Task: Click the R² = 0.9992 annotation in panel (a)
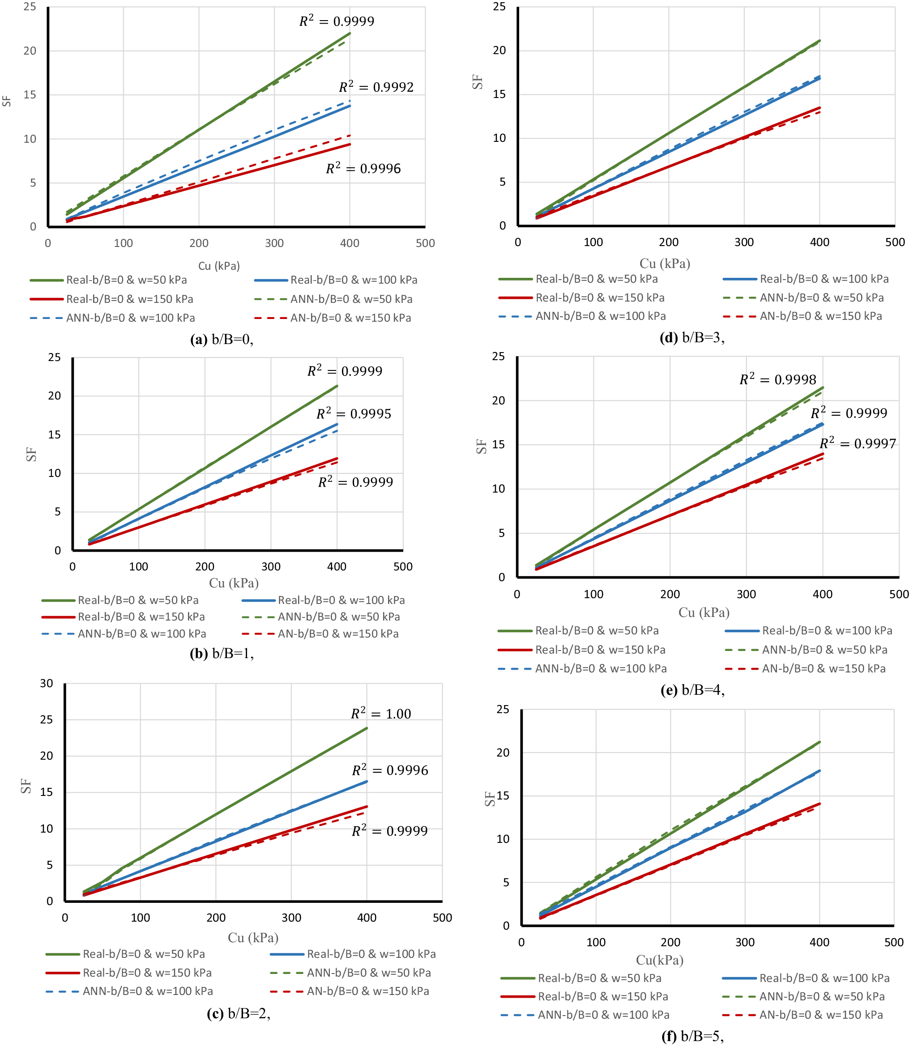(x=376, y=87)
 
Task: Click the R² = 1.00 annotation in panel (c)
(x=381, y=714)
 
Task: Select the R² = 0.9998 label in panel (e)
(x=777, y=379)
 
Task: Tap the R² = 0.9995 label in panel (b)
(x=354, y=414)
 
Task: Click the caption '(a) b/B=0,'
(x=222, y=339)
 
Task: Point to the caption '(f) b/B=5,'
(x=692, y=1036)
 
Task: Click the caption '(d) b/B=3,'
(x=692, y=337)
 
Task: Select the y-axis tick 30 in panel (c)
(x=47, y=683)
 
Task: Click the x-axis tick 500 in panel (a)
(x=425, y=243)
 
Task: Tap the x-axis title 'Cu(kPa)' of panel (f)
(x=659, y=960)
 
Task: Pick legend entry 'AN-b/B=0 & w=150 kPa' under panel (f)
(x=821, y=1015)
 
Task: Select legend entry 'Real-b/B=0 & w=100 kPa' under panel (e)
(x=827, y=630)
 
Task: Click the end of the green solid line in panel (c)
(x=367, y=728)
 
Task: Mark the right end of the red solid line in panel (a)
(x=350, y=145)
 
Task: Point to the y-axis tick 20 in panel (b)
(x=54, y=395)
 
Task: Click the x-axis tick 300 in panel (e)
(x=746, y=594)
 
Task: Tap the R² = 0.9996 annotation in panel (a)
(x=363, y=168)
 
